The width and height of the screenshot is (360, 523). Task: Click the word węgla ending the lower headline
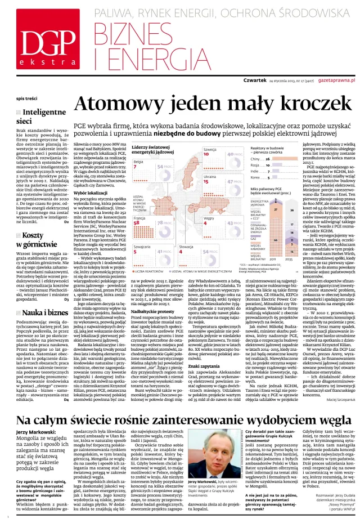click(x=326, y=421)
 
